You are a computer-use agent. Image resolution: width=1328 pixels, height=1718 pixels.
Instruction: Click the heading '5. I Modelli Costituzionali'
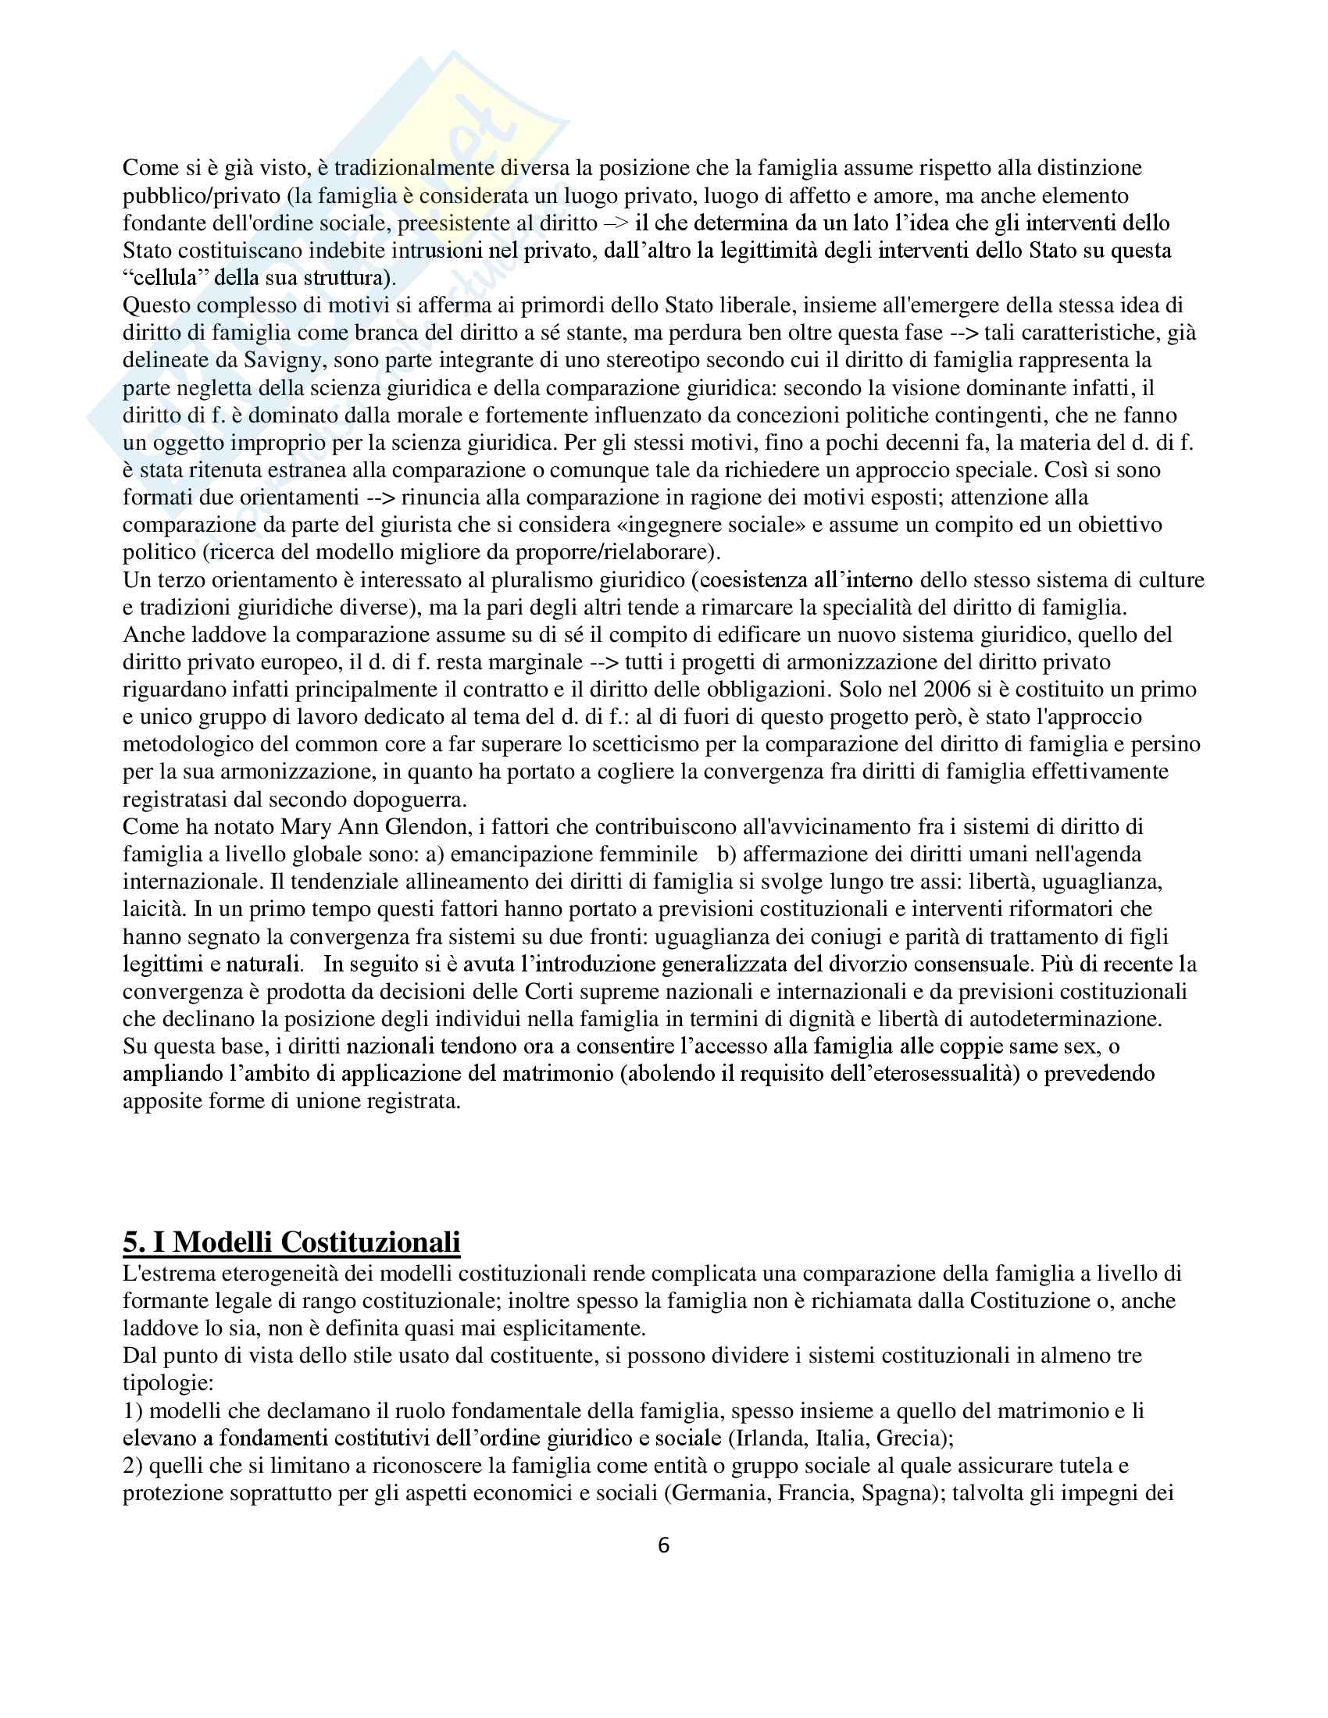(x=291, y=1241)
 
